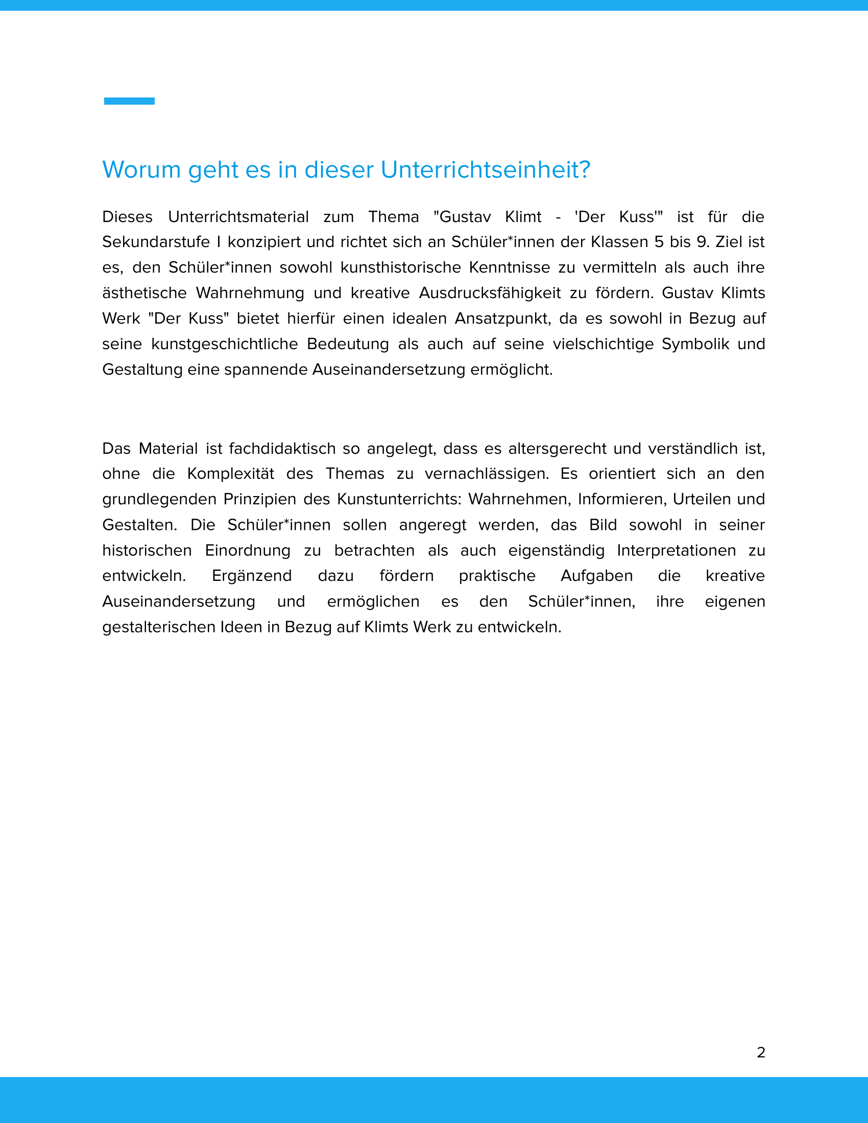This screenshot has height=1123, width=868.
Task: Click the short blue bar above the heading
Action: tap(129, 101)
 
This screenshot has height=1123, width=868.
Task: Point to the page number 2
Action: tap(761, 1053)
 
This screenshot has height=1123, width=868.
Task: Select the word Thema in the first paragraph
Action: tap(393, 217)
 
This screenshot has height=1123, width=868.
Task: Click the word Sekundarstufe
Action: tap(156, 242)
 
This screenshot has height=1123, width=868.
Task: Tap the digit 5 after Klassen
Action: tap(659, 242)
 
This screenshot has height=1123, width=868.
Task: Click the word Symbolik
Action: tap(695, 344)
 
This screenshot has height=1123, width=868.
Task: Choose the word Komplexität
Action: tap(230, 474)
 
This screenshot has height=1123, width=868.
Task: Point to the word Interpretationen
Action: tap(676, 551)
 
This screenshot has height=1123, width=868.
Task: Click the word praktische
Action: tap(497, 576)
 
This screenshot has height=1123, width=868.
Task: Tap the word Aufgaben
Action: tap(596, 576)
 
